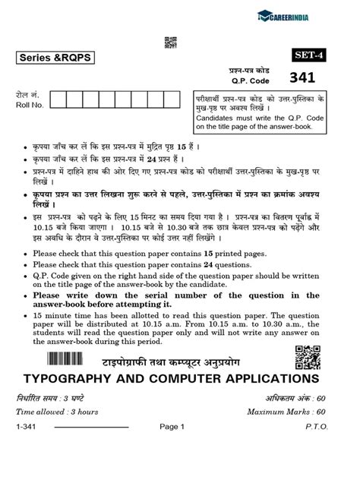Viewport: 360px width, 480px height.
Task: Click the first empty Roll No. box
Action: pyautogui.click(x=59, y=101)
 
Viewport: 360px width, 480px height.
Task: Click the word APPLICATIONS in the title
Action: pyautogui.click(x=261, y=377)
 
